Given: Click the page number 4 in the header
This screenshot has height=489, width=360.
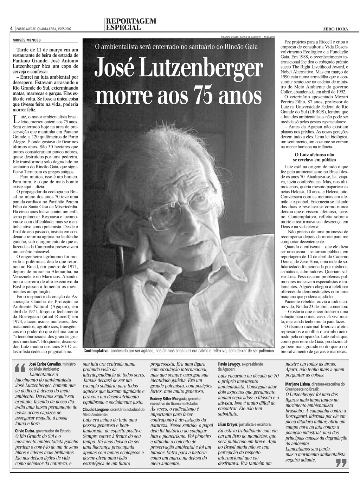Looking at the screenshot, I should (11, 28).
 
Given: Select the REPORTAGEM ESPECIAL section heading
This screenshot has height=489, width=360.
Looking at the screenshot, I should (130, 24).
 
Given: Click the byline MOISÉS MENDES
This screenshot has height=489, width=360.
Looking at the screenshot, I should (26, 40).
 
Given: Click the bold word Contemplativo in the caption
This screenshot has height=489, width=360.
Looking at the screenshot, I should (96, 351).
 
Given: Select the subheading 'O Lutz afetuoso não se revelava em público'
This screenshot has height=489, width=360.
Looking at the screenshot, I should (314, 157).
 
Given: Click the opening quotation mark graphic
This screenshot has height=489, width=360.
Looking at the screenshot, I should (21, 368).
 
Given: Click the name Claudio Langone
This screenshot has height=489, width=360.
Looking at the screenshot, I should (96, 410).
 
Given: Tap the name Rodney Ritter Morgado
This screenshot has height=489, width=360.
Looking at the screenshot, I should (168, 399).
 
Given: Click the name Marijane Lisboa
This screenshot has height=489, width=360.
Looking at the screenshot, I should (298, 384).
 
